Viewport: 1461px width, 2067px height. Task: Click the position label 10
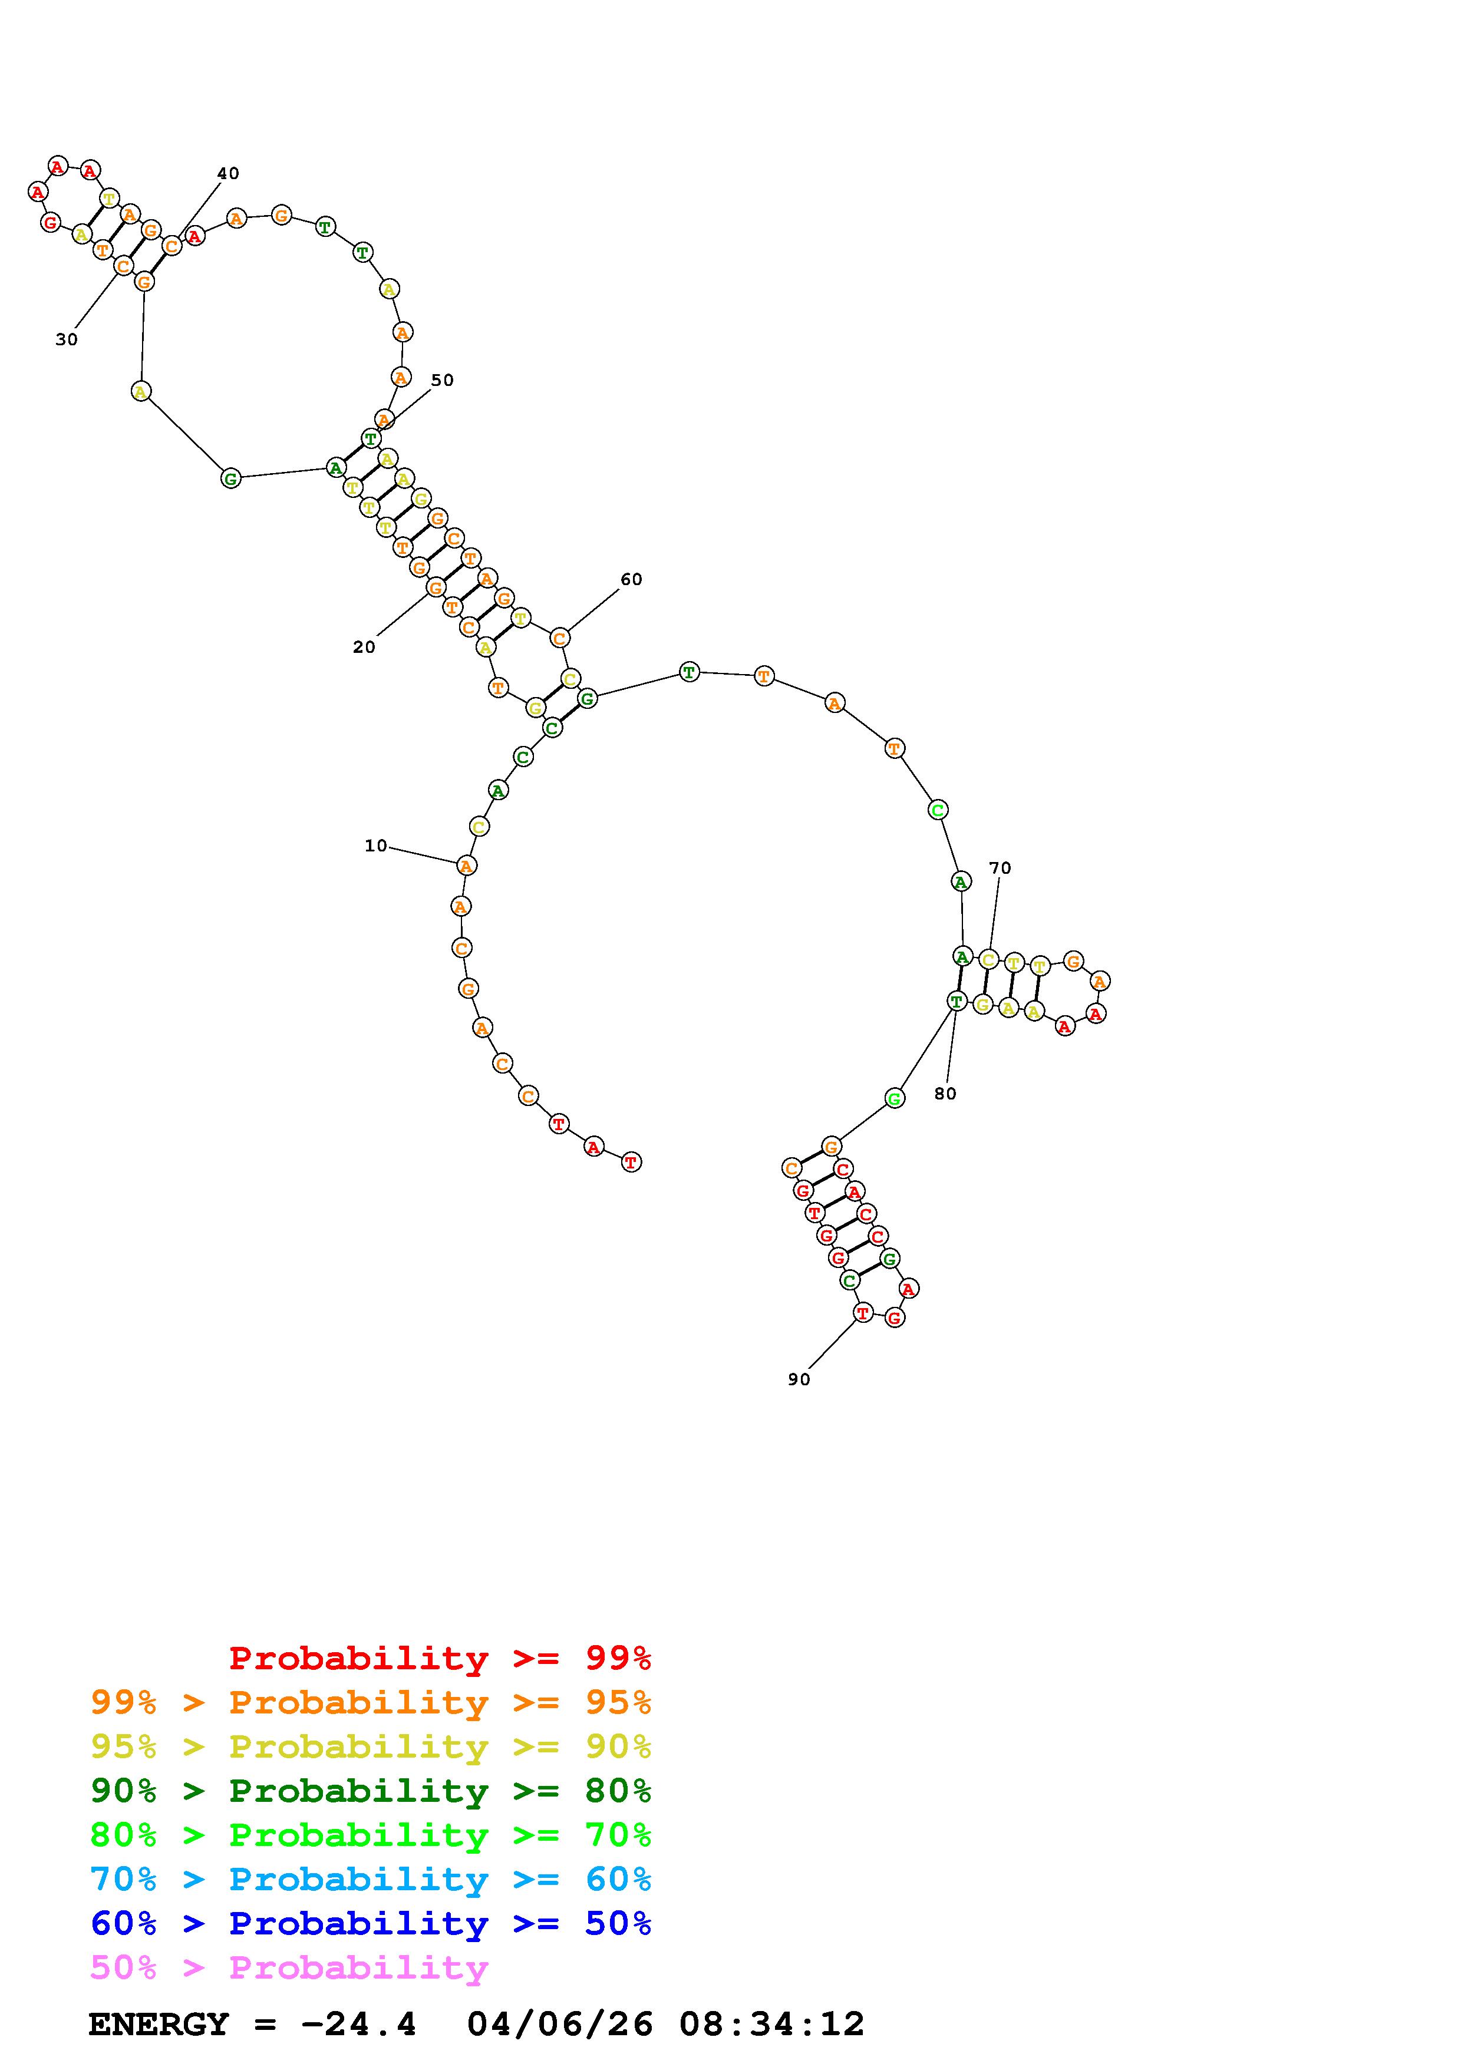coord(375,846)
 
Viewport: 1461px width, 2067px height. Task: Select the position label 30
coord(67,339)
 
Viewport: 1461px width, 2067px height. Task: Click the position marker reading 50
coord(442,380)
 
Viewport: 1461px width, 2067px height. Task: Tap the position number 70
coord(1000,868)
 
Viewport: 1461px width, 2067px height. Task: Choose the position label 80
coord(945,1093)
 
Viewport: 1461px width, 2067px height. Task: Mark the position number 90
coord(799,1379)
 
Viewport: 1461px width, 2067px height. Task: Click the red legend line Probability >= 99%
coord(440,1657)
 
